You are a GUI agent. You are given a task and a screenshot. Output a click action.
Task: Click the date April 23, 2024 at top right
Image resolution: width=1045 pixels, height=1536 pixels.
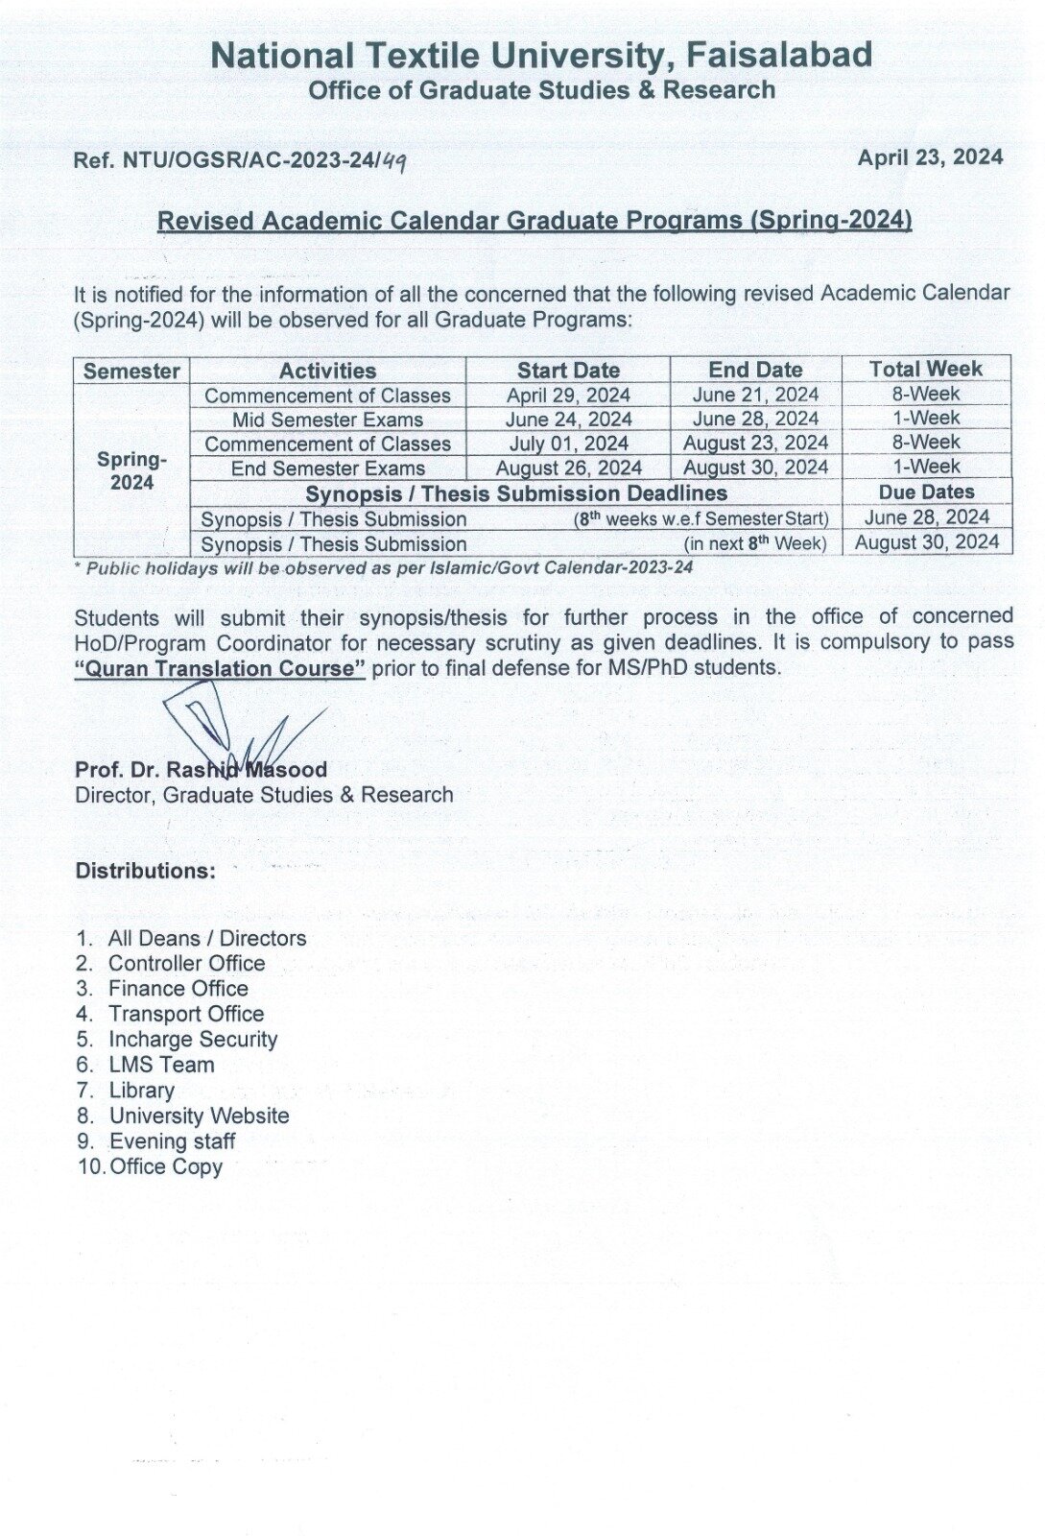930,158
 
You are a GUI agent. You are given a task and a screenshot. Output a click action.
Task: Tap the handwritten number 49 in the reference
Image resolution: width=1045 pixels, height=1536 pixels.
392,161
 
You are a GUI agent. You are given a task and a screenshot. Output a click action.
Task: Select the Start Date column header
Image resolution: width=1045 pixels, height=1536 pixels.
568,371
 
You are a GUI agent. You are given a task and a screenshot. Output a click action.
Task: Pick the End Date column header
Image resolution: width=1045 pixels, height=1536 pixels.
755,370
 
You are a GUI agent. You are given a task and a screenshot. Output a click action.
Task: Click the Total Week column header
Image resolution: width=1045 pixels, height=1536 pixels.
925,369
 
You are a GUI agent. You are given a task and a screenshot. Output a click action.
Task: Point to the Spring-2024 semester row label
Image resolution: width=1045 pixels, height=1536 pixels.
131,470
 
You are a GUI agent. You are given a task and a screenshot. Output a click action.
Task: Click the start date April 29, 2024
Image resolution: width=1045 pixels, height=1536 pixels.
568,396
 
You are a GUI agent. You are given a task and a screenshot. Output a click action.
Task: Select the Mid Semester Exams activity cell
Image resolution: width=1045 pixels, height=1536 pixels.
327,420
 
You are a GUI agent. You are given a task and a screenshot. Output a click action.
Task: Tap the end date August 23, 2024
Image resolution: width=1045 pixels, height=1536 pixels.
755,443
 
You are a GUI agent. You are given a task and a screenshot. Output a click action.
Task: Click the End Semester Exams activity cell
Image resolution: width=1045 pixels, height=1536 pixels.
327,468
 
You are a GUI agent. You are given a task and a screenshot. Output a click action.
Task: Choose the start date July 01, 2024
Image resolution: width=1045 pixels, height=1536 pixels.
568,444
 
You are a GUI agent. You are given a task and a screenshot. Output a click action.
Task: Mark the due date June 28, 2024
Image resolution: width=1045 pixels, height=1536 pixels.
926,517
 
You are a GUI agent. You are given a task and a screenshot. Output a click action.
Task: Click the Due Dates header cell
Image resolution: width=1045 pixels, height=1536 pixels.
926,492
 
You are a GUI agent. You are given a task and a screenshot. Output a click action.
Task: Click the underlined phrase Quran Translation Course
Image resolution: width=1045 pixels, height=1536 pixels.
220,668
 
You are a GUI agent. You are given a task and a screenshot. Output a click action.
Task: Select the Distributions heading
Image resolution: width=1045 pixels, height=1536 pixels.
145,871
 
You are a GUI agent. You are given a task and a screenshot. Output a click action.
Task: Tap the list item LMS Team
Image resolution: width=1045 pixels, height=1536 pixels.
161,1065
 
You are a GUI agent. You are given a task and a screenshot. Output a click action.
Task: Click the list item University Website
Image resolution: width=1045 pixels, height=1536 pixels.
199,1116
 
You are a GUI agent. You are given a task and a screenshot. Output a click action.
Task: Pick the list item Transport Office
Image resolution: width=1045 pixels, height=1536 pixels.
186,1014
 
